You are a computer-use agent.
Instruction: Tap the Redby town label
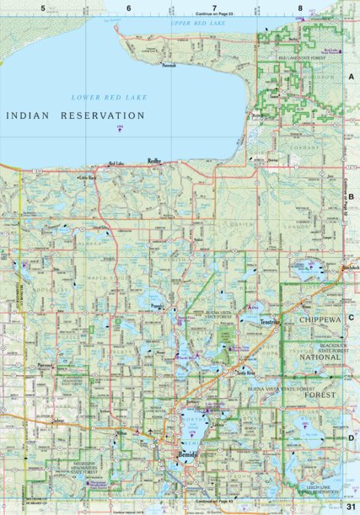(154, 160)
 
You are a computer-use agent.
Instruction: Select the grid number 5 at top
(43, 8)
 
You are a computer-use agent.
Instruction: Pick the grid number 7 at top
(214, 8)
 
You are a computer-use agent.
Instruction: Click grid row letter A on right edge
(352, 76)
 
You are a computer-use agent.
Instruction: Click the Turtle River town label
(245, 372)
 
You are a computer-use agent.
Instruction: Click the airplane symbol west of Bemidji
(151, 433)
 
